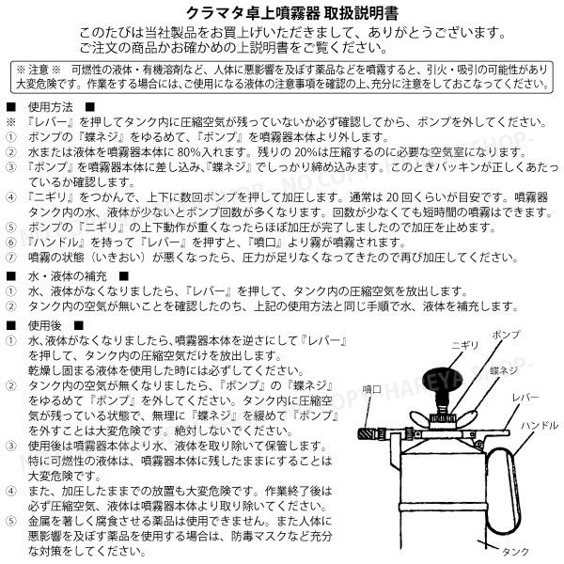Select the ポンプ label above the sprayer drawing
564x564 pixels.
pyautogui.click(x=506, y=335)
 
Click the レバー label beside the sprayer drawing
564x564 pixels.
pyautogui.click(x=527, y=398)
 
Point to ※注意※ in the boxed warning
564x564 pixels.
pyautogui.click(x=39, y=70)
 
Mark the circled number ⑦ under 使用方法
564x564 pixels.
pyautogui.click(x=11, y=256)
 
